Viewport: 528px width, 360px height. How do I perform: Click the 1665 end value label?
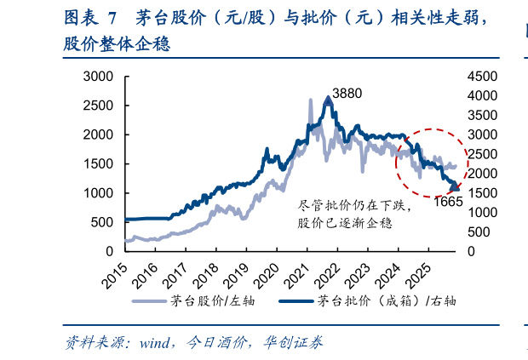448,202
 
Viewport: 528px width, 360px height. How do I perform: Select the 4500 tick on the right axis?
482,76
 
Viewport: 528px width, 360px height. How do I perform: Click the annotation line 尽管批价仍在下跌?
349,205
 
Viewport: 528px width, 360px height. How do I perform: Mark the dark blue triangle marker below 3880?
328,101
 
